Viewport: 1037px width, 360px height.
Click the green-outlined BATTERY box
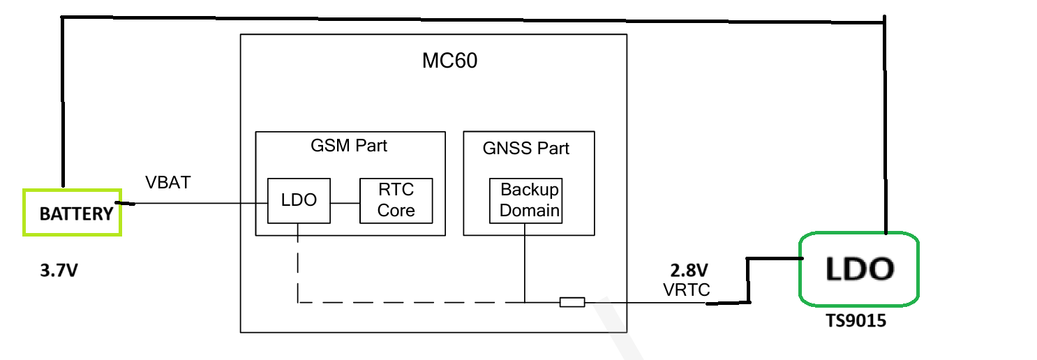click(72, 212)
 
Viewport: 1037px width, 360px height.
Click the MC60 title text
click(449, 61)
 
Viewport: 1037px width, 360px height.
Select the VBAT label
click(167, 183)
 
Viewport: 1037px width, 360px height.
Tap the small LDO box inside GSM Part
click(299, 200)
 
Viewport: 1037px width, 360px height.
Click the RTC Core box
click(396, 200)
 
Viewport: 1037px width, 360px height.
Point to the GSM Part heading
click(349, 146)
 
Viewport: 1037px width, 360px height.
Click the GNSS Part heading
click(526, 148)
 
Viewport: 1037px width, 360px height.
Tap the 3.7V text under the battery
click(59, 270)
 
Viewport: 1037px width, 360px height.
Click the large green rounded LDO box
click(858, 269)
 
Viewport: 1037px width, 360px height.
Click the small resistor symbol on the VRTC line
click(572, 302)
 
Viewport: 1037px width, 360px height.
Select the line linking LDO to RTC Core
click(345, 203)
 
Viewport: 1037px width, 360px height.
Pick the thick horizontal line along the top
click(475, 17)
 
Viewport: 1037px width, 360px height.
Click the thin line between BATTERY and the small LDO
click(195, 204)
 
